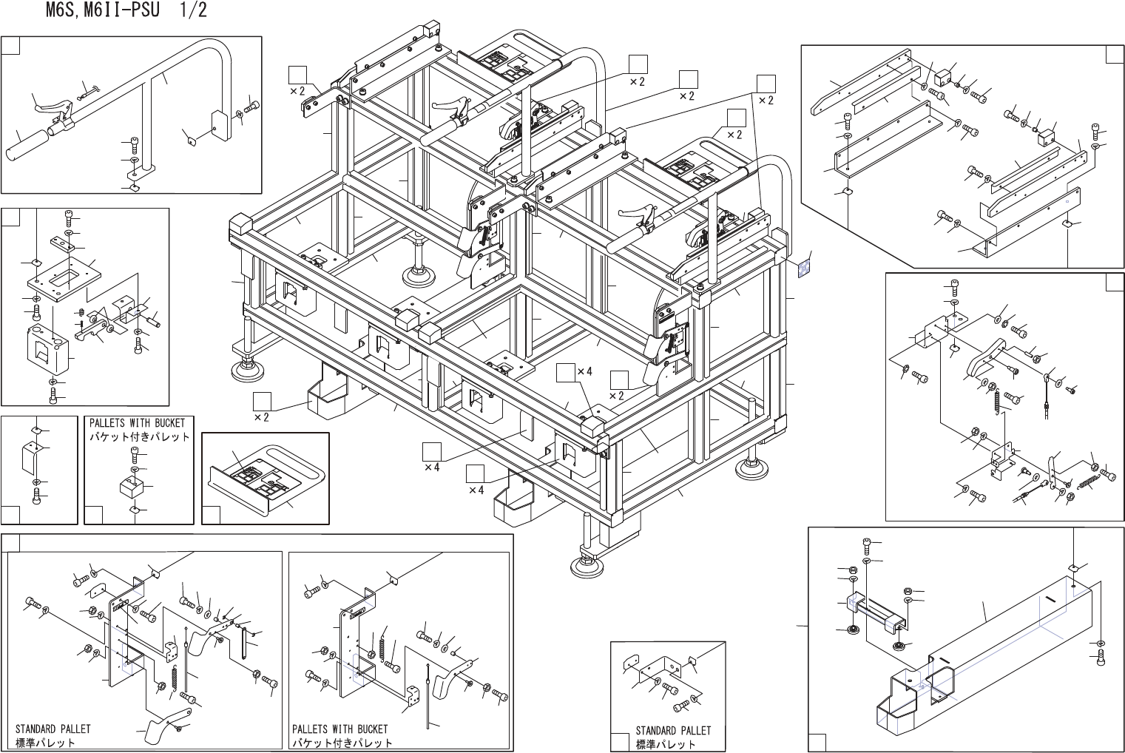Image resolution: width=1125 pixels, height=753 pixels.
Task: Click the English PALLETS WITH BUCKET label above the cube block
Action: (x=137, y=423)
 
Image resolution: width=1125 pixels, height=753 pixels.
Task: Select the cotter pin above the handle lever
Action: (x=90, y=92)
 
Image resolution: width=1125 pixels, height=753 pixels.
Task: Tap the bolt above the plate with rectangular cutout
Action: (x=68, y=217)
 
